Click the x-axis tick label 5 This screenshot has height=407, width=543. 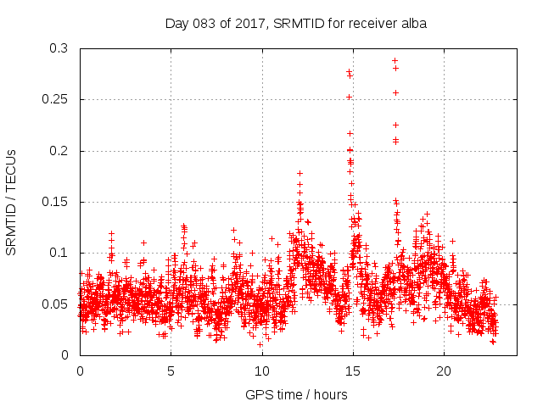[x=171, y=371]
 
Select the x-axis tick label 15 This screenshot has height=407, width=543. [x=352, y=371]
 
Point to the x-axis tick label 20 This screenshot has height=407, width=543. [x=444, y=371]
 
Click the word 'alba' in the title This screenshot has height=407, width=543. [x=413, y=23]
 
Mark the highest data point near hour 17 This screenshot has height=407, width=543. [x=395, y=60]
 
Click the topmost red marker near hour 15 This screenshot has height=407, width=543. [x=349, y=72]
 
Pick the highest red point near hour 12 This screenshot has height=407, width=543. [x=299, y=173]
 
